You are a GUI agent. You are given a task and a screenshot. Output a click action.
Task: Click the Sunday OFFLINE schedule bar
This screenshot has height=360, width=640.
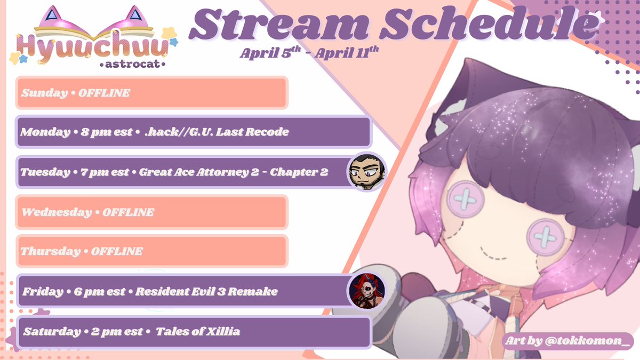click(x=152, y=93)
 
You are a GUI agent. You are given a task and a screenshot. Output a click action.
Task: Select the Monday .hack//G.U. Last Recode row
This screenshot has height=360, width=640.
click(x=193, y=132)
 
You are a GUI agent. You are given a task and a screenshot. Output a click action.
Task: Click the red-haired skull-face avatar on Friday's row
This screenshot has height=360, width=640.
click(x=366, y=291)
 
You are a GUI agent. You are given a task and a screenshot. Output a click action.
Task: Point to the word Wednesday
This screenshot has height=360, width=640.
click(x=56, y=212)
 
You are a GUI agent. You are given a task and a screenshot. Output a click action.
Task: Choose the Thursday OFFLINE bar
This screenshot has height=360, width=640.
click(x=152, y=251)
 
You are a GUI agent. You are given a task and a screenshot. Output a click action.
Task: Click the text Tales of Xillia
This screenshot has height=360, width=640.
click(x=197, y=332)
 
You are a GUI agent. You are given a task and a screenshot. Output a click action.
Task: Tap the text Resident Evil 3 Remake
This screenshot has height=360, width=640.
click(x=206, y=292)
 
